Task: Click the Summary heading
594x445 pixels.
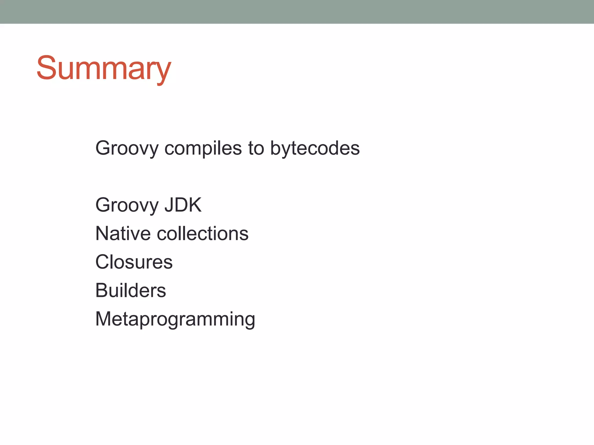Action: point(104,68)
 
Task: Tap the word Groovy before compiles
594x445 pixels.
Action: point(127,148)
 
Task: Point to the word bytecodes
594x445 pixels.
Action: point(315,148)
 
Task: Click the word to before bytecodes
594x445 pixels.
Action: point(256,148)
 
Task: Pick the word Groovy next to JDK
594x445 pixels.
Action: point(127,205)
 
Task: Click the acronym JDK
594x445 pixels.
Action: point(183,205)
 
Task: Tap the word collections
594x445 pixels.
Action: point(202,234)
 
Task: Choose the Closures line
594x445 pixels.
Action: point(134,262)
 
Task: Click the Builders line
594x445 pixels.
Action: point(131,290)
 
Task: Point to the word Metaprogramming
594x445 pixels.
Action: point(175,319)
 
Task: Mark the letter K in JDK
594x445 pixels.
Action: point(194,205)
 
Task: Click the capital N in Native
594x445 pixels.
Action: point(102,234)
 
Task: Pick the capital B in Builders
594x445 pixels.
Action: point(102,290)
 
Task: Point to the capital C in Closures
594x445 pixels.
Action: point(102,262)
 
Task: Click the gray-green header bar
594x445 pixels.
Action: point(297,12)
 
